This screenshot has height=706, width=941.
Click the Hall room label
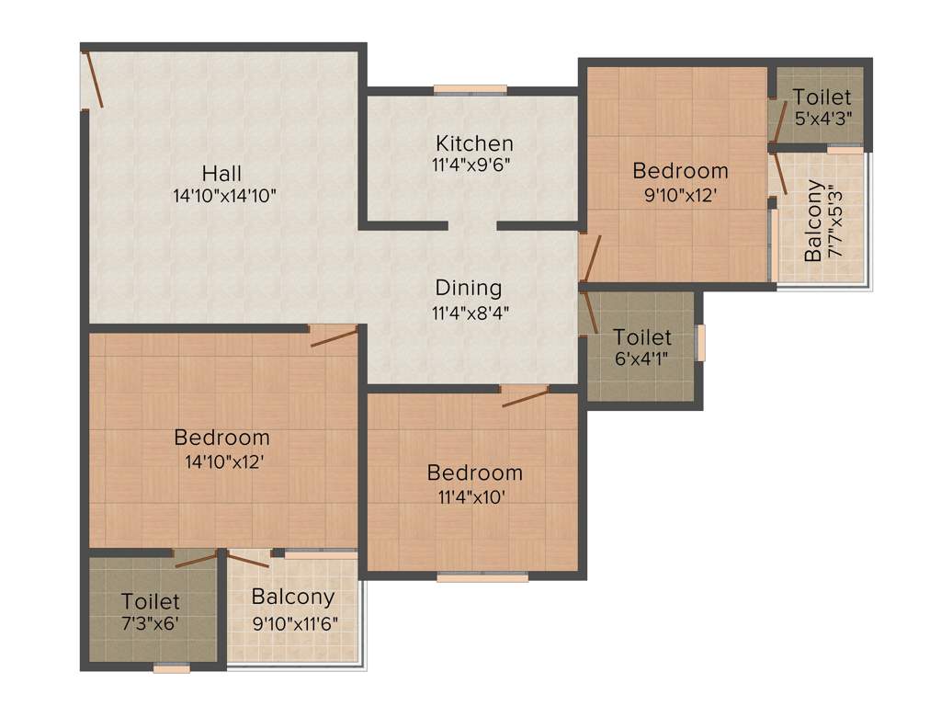(x=222, y=173)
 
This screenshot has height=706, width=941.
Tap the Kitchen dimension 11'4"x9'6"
(x=473, y=165)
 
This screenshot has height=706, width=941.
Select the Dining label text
(x=469, y=288)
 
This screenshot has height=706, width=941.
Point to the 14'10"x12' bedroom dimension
(x=222, y=461)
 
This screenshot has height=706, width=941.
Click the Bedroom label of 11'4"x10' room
(x=474, y=473)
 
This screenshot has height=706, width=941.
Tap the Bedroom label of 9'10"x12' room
(x=680, y=170)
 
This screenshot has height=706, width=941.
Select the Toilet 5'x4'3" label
(x=822, y=97)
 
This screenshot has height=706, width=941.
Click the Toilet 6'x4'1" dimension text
(x=642, y=359)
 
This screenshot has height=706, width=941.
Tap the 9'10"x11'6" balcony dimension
(x=295, y=622)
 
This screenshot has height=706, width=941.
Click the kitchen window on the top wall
(x=470, y=89)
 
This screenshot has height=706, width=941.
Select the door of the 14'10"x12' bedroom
(x=334, y=336)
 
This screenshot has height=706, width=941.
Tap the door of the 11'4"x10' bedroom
(x=525, y=396)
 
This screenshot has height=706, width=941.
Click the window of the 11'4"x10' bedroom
(x=482, y=577)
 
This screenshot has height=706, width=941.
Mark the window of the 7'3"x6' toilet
(x=172, y=668)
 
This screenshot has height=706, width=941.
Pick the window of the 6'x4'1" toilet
(x=701, y=343)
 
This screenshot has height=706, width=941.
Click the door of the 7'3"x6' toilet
(x=196, y=558)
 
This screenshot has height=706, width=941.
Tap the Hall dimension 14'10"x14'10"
(x=222, y=196)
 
